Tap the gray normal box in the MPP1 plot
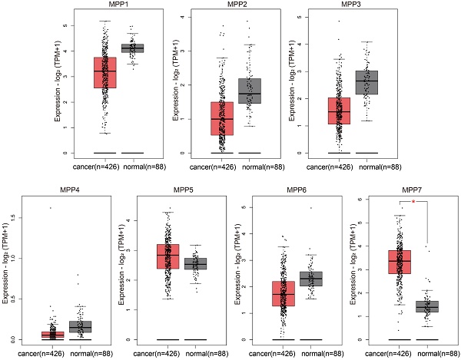point(138,48)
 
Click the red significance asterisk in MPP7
point(413,202)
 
